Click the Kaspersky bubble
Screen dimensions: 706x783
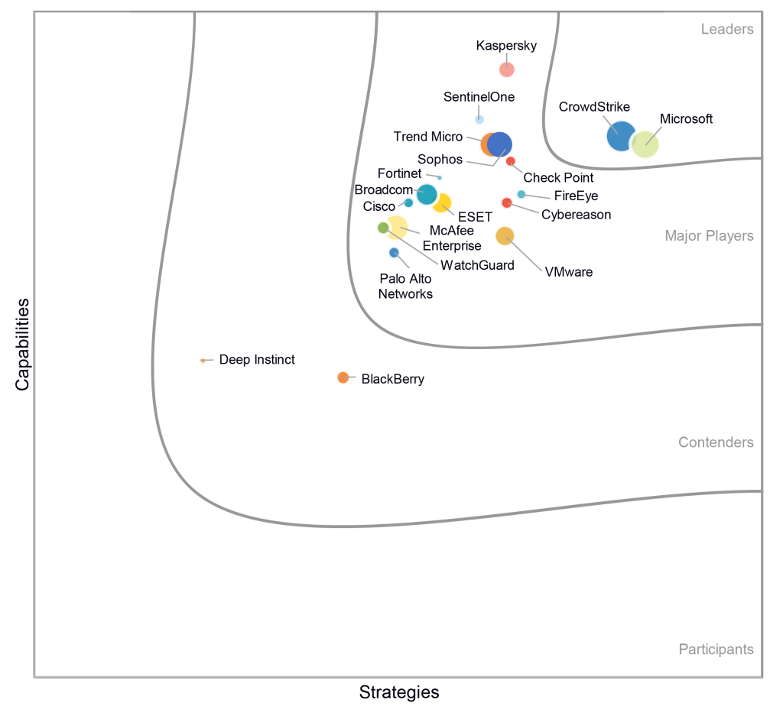coord(507,70)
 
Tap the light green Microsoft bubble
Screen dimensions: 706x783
coord(645,144)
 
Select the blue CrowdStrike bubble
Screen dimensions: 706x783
coord(620,136)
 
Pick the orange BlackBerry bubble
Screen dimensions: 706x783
coord(343,377)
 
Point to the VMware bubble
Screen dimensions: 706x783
coord(505,236)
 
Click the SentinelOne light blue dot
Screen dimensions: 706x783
coord(479,119)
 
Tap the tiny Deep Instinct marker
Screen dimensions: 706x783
coord(203,360)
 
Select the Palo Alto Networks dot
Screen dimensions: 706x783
coord(394,253)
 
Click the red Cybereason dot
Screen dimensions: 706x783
coord(506,202)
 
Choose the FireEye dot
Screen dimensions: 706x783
coord(521,194)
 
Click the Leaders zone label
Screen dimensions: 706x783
coord(727,30)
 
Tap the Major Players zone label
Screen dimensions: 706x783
coord(709,236)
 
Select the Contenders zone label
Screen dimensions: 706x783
coord(716,442)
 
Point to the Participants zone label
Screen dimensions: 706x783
coord(716,649)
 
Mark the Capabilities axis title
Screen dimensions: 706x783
coord(22,344)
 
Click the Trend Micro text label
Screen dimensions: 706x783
coord(428,137)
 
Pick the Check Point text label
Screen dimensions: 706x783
coord(558,178)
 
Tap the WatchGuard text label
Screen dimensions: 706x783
coord(478,265)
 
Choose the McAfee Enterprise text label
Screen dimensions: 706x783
coord(452,238)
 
